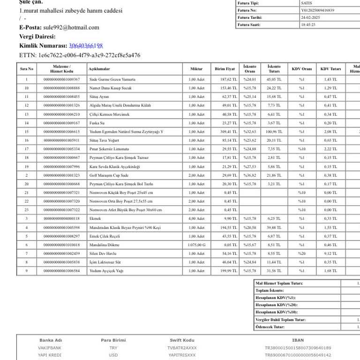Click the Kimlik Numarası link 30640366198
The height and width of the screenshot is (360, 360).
86,45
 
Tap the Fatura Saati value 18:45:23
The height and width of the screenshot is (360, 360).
308,25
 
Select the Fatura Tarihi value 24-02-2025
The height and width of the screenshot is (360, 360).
307,17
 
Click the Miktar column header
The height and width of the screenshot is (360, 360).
196,69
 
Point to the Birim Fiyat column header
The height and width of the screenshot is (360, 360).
225,69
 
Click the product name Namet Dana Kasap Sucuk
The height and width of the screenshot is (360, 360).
111,88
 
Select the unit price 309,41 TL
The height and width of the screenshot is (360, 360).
229,132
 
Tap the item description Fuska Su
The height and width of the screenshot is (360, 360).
97,123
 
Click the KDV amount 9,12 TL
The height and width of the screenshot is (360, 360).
330,254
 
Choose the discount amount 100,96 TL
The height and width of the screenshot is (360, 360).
274,132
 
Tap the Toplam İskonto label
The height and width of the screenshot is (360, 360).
270,291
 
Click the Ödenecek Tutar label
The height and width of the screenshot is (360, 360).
270,327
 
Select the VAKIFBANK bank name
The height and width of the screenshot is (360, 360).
50,348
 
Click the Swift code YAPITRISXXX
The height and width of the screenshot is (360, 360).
182,355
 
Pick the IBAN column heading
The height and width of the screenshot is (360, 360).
298,340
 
